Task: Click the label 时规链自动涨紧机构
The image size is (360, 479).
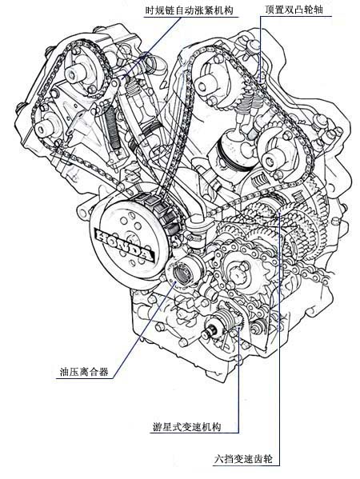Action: (189, 10)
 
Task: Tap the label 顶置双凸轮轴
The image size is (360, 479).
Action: (294, 10)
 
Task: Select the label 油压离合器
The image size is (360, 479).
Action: (84, 372)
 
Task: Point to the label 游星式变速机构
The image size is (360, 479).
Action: (186, 426)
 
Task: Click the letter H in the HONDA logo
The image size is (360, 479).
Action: (102, 236)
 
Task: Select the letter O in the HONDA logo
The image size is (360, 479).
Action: (113, 240)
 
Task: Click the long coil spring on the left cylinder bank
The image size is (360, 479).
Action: (112, 128)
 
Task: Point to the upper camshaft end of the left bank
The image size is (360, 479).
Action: (74, 74)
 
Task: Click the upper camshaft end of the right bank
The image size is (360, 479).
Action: (202, 86)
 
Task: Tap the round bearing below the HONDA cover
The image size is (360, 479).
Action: (182, 273)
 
